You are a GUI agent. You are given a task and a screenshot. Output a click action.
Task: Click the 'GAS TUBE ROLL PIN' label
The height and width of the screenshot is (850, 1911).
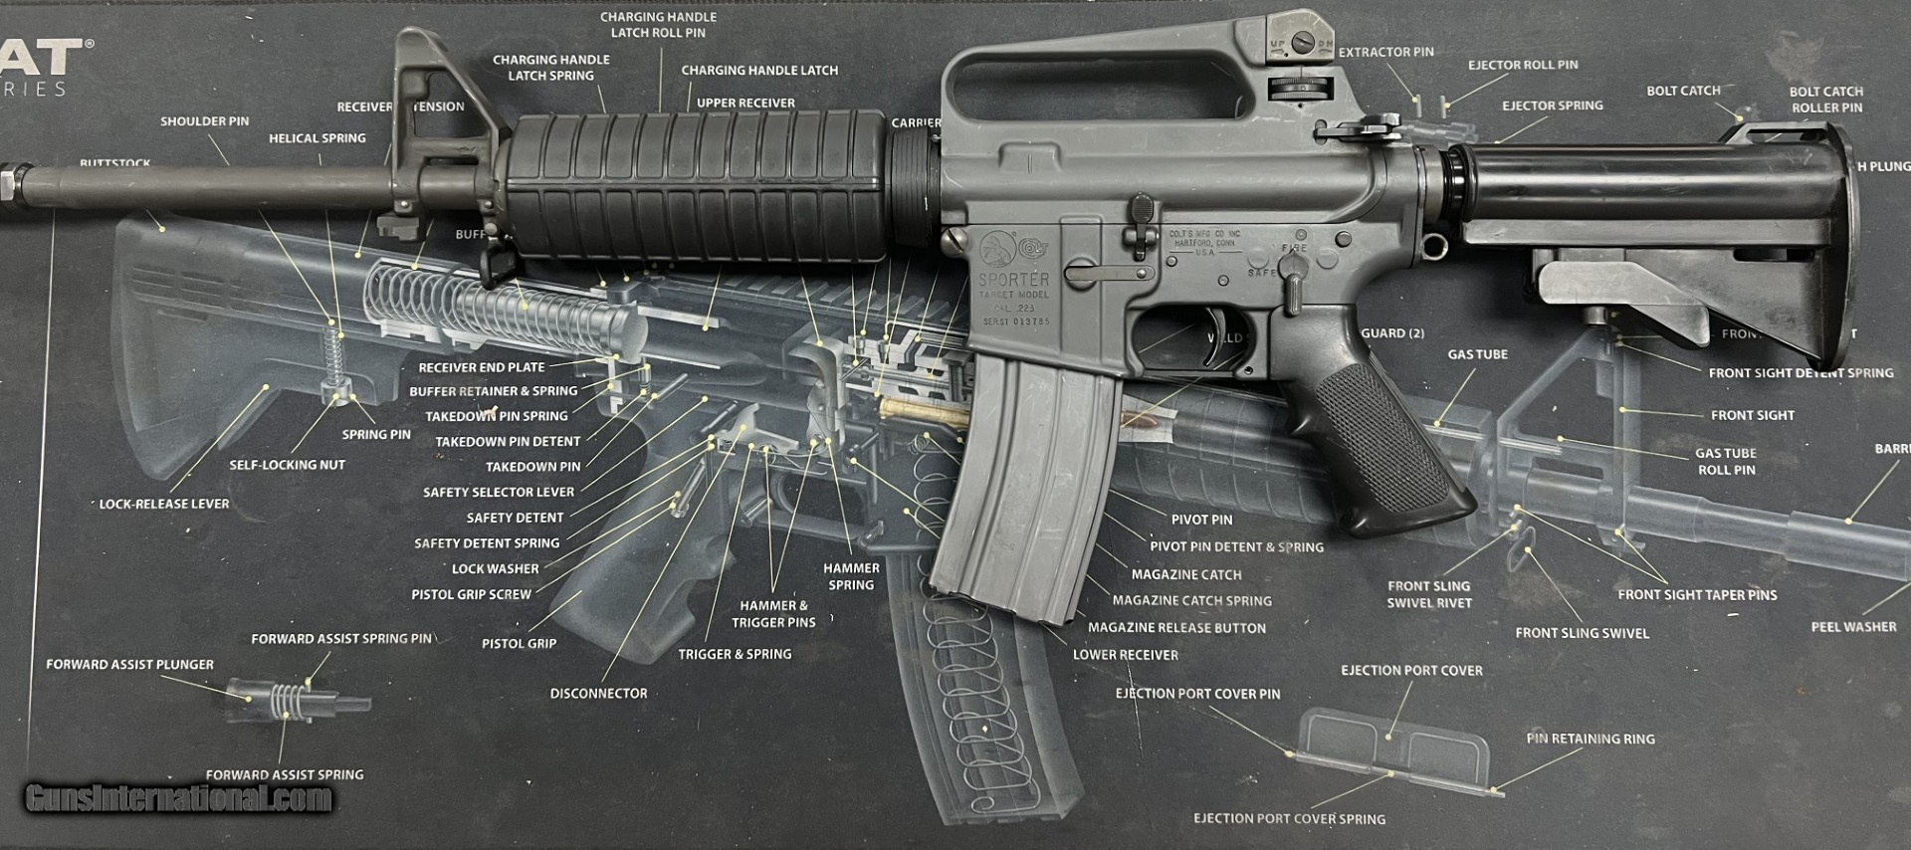click(x=1726, y=461)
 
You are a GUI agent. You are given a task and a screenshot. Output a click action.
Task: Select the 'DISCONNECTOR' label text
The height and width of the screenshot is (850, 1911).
click(x=598, y=693)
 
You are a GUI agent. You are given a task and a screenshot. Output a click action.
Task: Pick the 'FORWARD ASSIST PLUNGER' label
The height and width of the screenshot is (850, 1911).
click(x=129, y=664)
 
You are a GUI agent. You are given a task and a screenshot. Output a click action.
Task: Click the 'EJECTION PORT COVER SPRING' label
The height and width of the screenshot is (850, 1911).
click(x=1289, y=818)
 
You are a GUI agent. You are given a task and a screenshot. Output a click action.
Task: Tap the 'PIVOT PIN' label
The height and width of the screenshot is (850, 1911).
click(x=1201, y=520)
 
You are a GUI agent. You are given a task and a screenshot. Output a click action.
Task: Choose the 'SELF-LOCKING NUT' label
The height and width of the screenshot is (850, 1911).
click(x=287, y=465)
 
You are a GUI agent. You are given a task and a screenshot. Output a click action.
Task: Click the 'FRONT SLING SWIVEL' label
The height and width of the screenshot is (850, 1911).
click(x=1582, y=633)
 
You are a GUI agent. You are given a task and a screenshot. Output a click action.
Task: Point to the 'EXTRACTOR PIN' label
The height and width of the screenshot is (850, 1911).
click(x=1385, y=52)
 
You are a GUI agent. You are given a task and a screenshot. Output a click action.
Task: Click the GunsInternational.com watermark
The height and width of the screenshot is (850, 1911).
click(x=179, y=797)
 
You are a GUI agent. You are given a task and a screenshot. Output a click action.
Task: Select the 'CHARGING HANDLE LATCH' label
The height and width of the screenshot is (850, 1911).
click(x=759, y=71)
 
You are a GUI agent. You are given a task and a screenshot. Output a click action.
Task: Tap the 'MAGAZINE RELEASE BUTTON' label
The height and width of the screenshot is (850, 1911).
click(x=1176, y=628)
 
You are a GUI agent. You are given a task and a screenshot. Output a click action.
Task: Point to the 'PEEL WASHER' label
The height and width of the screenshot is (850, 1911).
click(x=1853, y=627)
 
